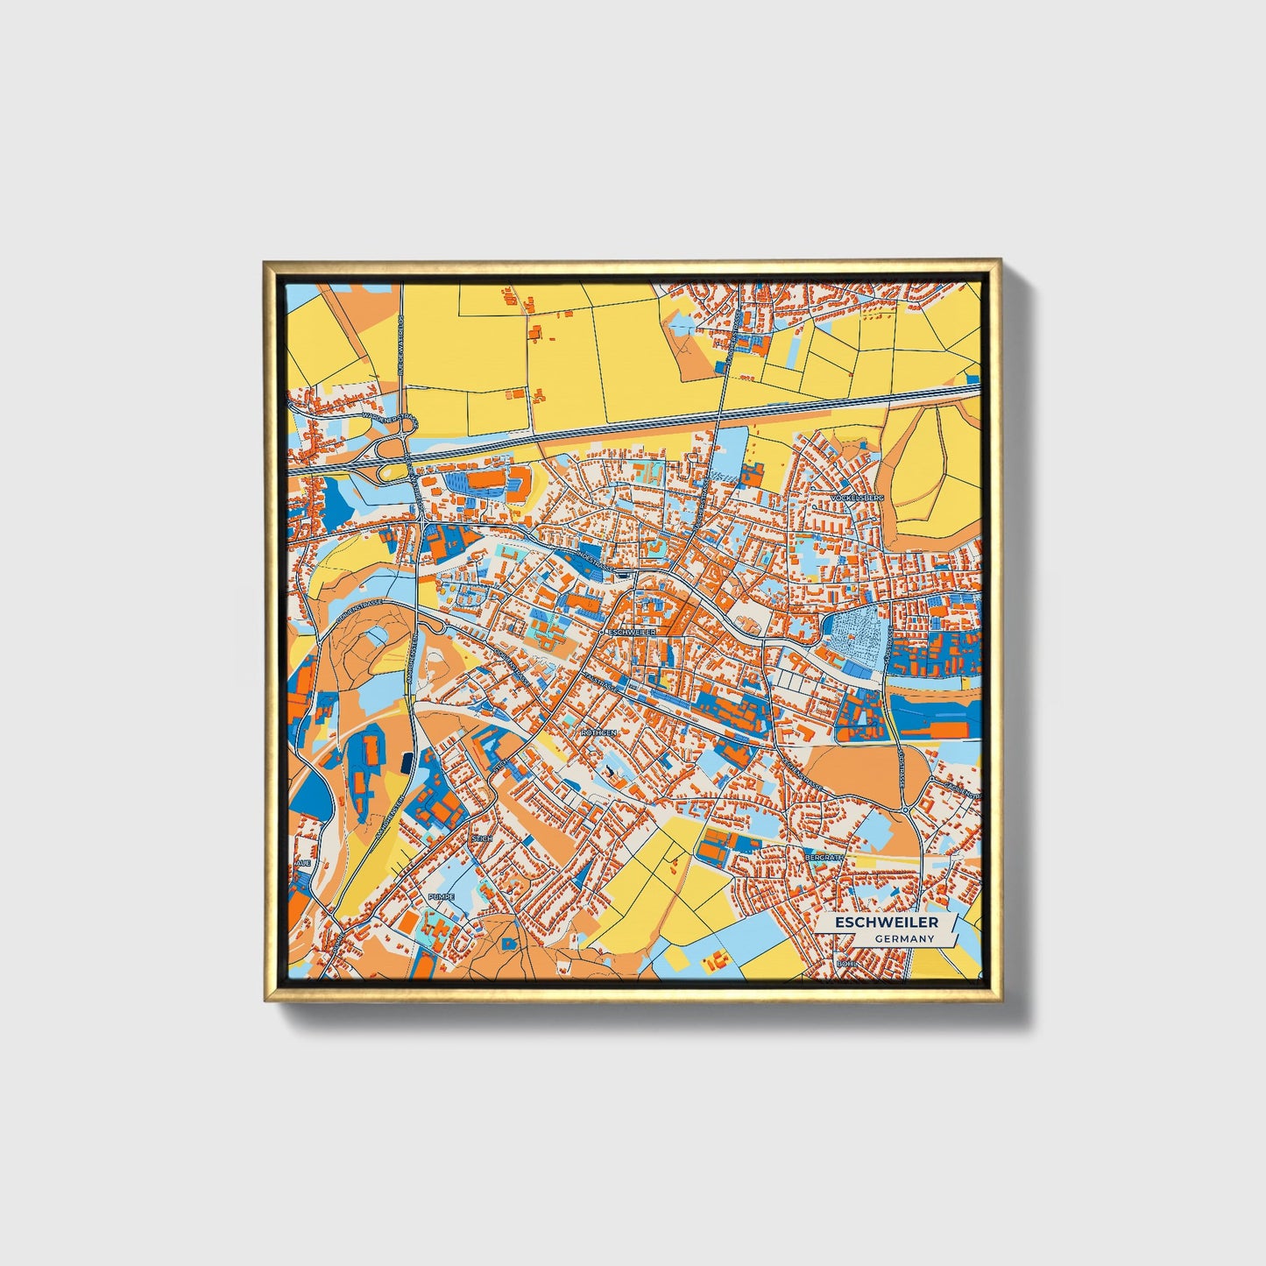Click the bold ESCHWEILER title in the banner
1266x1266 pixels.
[886, 923]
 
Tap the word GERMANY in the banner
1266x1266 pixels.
[904, 938]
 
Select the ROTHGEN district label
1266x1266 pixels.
[599, 732]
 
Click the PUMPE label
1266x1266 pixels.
[441, 897]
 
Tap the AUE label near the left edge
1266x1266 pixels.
[303, 863]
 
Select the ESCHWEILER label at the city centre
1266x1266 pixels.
[630, 631]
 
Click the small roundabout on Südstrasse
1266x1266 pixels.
[905, 810]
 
